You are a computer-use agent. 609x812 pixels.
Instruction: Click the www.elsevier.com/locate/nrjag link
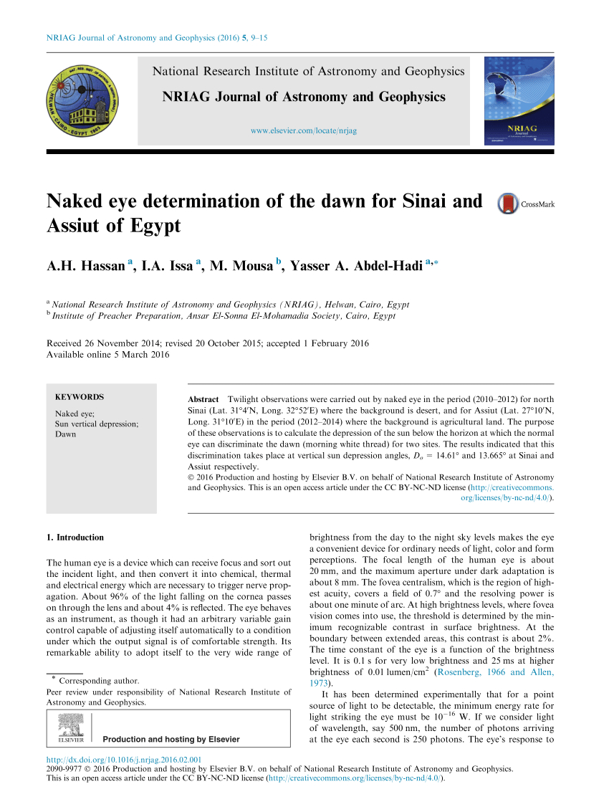coord(304,130)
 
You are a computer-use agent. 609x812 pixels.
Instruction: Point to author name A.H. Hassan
coord(86,267)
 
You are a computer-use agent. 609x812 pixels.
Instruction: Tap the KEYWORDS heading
coord(80,397)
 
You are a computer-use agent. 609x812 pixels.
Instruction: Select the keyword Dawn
coord(66,434)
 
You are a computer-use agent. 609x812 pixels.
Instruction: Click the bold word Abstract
coord(203,398)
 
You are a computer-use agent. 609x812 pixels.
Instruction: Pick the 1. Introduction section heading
coord(75,538)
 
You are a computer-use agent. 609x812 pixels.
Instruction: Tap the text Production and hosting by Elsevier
coord(171,739)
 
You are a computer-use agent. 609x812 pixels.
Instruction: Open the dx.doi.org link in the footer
coord(123,760)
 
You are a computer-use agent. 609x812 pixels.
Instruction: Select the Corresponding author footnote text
coord(99,681)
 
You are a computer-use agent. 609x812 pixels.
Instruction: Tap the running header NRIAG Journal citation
coord(157,38)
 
